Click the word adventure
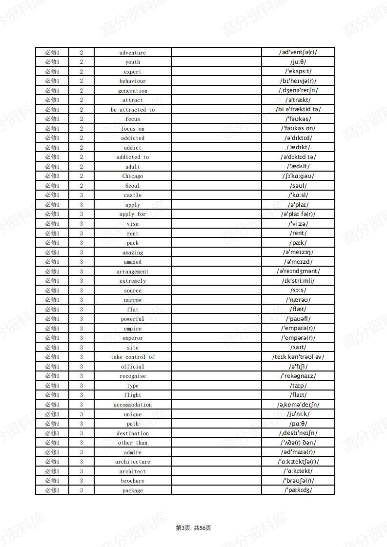click(x=133, y=53)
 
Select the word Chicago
click(x=133, y=176)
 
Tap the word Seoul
click(x=133, y=186)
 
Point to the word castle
click(x=133, y=195)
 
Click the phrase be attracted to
click(x=133, y=110)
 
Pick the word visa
click(x=133, y=224)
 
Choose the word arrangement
click(x=133, y=272)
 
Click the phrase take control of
click(x=133, y=357)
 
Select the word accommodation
click(x=133, y=405)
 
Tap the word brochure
click(x=133, y=481)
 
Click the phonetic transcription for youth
click(x=298, y=62)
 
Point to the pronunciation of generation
click(x=298, y=90)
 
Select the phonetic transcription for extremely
click(x=298, y=281)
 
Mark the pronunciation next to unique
click(x=298, y=414)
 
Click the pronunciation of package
click(x=298, y=490)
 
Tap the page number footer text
click(x=193, y=528)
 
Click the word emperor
click(x=133, y=338)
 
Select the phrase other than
click(x=133, y=443)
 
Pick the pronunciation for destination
click(x=298, y=433)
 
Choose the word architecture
click(x=133, y=462)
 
